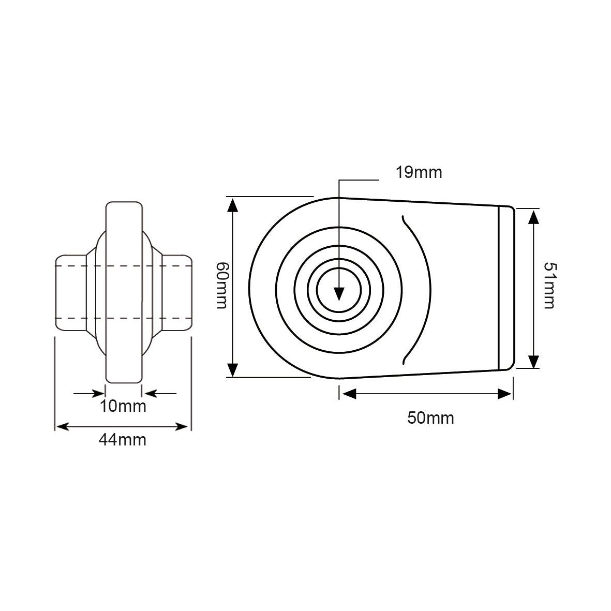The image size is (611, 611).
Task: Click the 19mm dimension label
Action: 419,172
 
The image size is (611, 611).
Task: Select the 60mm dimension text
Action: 221,285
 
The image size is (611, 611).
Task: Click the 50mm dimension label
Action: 430,418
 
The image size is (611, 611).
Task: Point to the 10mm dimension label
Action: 123,406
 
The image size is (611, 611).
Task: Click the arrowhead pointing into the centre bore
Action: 339,293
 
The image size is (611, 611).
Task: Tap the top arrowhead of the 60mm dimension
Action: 233,205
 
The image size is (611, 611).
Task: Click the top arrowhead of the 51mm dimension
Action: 533,217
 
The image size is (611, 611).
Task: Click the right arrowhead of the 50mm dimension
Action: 504,394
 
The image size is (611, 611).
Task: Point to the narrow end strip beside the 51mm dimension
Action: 506,288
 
